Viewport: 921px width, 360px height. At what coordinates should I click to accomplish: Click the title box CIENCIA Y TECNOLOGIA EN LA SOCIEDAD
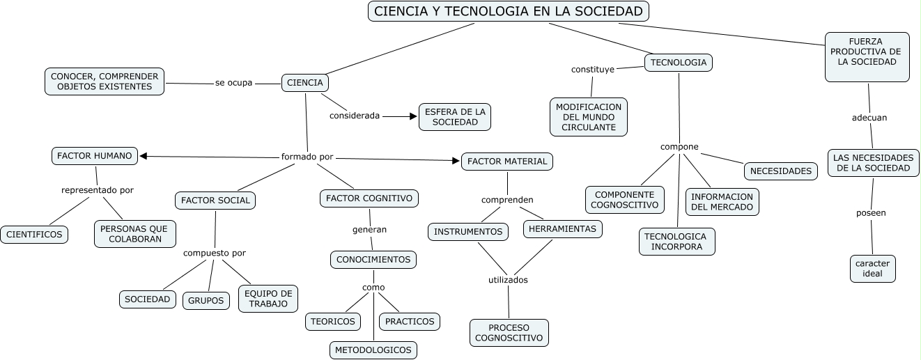tap(509, 11)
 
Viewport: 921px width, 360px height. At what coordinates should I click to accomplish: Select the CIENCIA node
tap(305, 82)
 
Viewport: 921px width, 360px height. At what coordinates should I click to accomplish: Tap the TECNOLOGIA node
tap(679, 63)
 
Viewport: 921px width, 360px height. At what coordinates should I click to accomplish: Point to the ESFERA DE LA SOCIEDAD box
tap(455, 116)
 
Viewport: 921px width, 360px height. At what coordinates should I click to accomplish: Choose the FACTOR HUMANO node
tap(95, 156)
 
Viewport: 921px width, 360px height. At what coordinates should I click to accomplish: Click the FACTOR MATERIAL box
tap(507, 162)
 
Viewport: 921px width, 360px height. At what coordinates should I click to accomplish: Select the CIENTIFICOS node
tap(34, 235)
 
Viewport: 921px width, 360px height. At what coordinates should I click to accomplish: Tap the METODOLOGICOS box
tap(373, 349)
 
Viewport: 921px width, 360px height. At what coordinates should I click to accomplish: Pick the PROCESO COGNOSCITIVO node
tap(509, 333)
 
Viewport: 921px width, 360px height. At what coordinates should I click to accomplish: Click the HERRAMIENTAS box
tap(562, 229)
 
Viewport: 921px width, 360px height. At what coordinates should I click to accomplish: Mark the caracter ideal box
tap(872, 268)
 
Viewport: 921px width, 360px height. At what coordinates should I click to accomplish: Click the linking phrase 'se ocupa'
tap(233, 83)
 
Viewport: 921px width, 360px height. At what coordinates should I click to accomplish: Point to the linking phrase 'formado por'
tap(307, 157)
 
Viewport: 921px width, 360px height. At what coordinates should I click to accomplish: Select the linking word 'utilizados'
tap(508, 280)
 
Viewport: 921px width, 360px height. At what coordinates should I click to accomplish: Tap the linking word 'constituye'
tap(593, 70)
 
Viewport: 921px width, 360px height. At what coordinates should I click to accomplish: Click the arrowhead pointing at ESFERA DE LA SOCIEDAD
tap(412, 116)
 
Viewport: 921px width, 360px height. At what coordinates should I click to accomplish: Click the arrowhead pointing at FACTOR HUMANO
tap(143, 156)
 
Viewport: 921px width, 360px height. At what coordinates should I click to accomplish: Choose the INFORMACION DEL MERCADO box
tap(722, 201)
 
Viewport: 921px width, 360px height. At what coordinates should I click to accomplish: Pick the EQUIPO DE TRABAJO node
tap(268, 298)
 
